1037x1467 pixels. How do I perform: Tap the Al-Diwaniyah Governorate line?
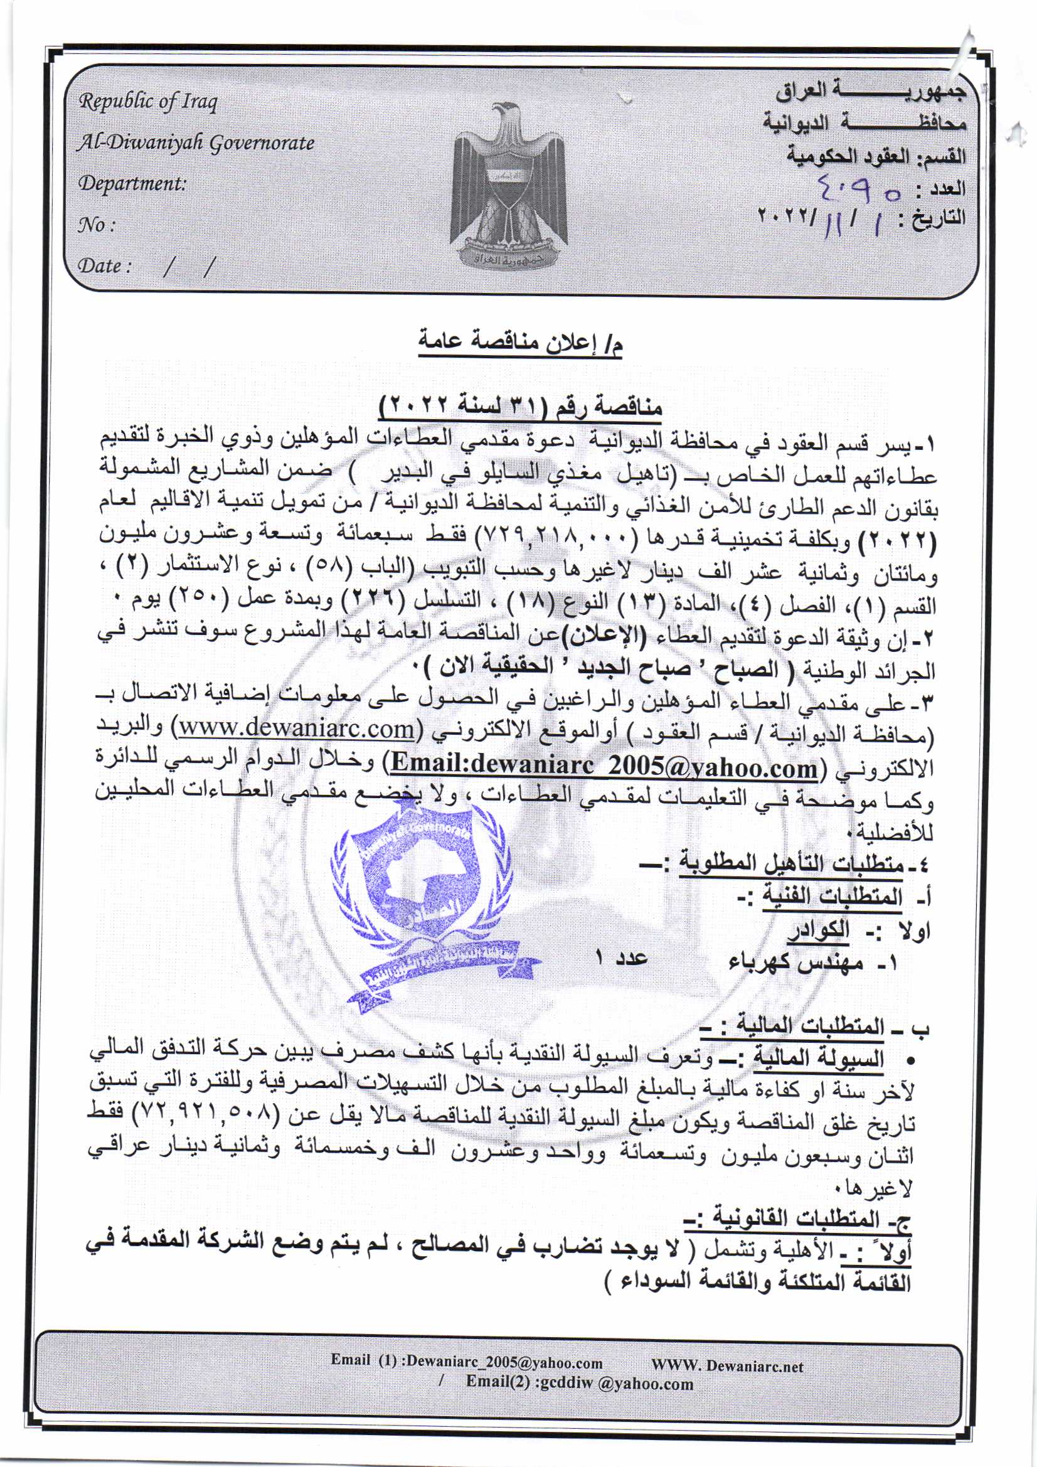pyautogui.click(x=196, y=142)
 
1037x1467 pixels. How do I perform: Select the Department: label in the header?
pyautogui.click(x=132, y=184)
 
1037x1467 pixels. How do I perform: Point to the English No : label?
pyautogui.click(x=97, y=225)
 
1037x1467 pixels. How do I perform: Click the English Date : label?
pyautogui.click(x=104, y=266)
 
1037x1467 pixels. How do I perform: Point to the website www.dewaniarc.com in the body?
pyautogui.click(x=296, y=728)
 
